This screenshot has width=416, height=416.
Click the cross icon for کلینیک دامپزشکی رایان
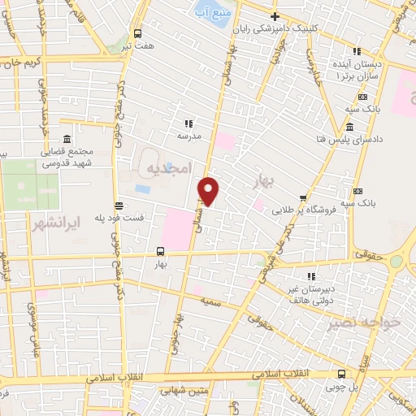(275, 16)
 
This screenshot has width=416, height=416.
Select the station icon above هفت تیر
(137, 34)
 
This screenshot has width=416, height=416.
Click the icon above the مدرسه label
(188, 123)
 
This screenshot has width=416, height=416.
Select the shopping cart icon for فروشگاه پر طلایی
(303, 197)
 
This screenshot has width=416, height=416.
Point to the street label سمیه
(210, 301)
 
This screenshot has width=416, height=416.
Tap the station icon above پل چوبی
(341, 374)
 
